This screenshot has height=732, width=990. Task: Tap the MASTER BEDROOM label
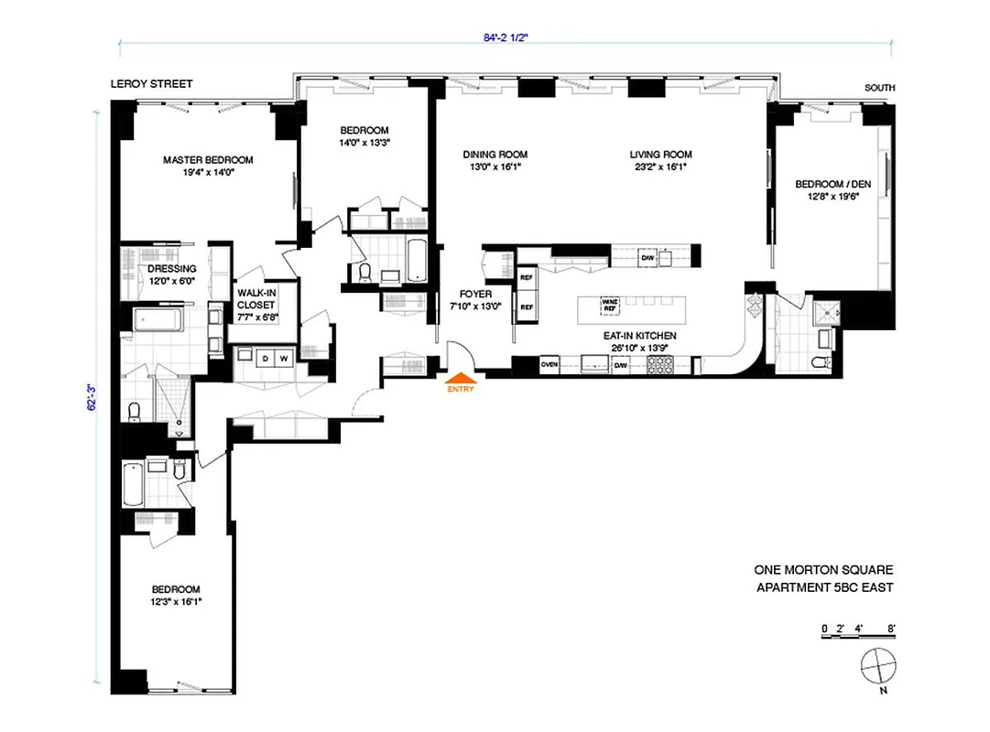pos(208,160)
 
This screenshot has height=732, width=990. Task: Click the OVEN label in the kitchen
pos(549,365)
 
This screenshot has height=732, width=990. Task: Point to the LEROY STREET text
pos(151,84)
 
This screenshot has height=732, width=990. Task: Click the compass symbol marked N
pos(876,664)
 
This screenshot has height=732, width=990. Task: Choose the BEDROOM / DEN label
pos(832,182)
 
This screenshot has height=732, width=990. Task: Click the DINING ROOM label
pos(495,155)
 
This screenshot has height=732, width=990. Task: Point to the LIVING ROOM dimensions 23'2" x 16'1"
pos(660,167)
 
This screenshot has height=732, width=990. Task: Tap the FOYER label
pos(475,294)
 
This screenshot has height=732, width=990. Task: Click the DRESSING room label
pos(172,269)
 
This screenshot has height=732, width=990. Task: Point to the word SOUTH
pos(880,88)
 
